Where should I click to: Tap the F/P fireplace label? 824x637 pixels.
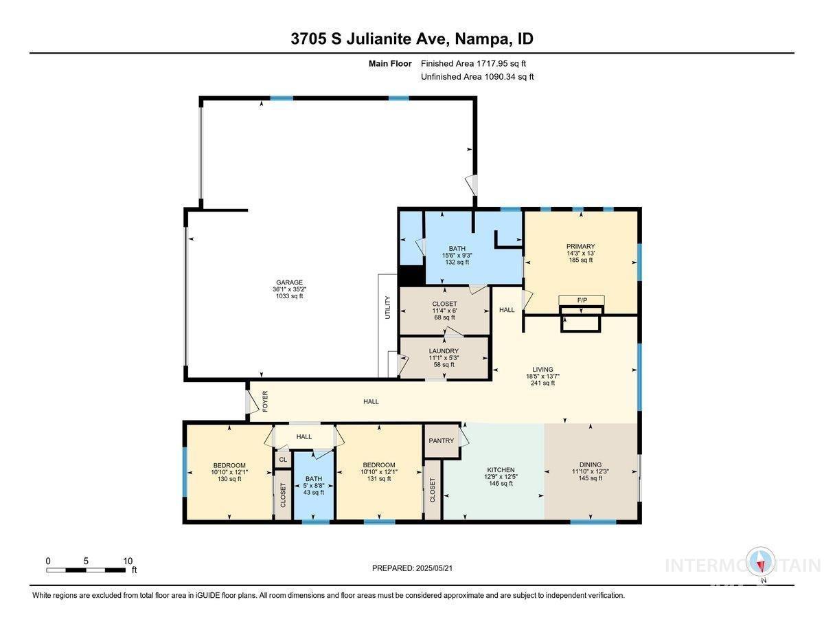[581, 300]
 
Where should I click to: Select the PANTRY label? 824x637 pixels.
[441, 440]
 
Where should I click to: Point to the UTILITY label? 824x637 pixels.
[387, 307]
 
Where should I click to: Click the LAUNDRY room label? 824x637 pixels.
[444, 350]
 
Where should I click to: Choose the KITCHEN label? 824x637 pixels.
[499, 470]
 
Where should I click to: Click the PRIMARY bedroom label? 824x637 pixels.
[580, 246]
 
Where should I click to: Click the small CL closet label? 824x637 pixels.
[282, 460]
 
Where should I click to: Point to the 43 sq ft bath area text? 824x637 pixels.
[313, 492]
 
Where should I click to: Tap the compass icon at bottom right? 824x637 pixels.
[761, 562]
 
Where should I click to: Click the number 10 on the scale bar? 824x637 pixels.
[128, 561]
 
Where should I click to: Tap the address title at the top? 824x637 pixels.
[412, 39]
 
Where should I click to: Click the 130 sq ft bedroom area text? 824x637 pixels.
[229, 479]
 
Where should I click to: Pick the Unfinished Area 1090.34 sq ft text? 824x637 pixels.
[477, 77]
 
